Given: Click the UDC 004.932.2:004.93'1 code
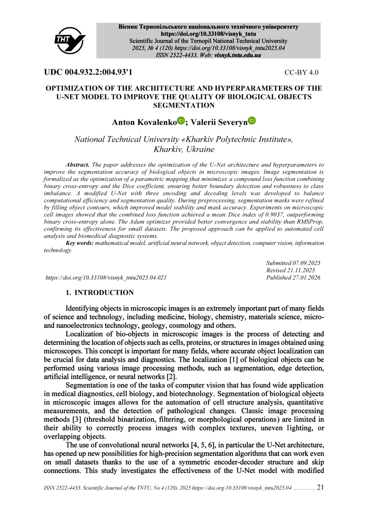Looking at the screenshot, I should [x=88, y=72].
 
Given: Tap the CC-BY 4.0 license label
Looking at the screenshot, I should [x=301, y=72].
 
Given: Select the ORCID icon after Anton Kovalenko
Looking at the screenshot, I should [x=181, y=121].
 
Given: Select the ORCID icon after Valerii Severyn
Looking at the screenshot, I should [x=252, y=121].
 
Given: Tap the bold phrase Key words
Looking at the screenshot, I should [x=80, y=243].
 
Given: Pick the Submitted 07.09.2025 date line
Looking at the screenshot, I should [x=293, y=263].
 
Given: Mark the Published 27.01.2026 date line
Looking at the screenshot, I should [x=293, y=277].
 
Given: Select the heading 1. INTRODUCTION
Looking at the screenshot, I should [x=100, y=293].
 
